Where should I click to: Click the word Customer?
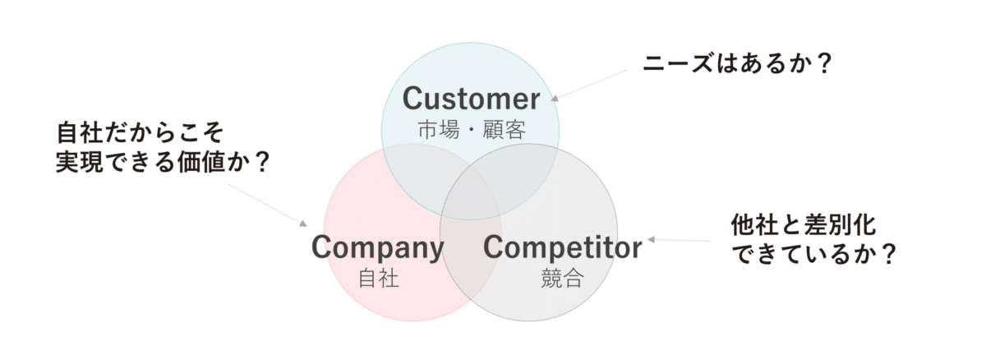(471, 99)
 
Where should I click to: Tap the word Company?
(377, 247)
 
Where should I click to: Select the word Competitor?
(562, 247)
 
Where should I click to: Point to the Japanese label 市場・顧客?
(470, 129)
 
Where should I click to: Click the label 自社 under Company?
(379, 278)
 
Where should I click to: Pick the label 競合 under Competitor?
(562, 278)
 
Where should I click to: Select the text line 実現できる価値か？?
(164, 163)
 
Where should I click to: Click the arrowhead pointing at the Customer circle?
(555, 97)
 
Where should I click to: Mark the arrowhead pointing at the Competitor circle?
(651, 240)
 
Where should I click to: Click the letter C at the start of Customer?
(411, 99)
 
